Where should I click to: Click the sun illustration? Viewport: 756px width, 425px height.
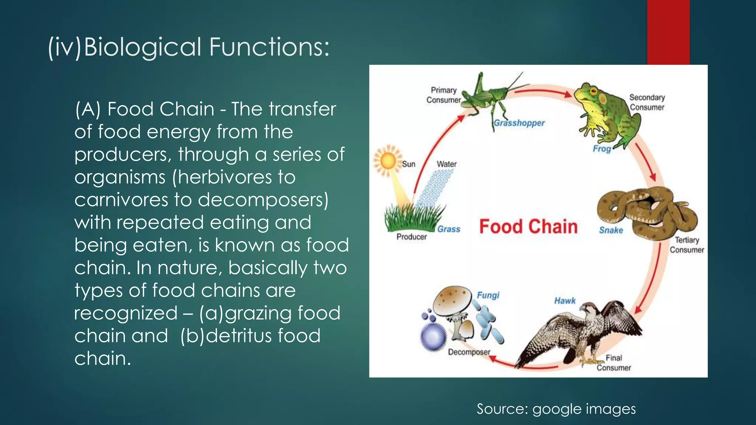[388, 161]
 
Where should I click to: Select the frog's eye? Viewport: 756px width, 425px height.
[593, 91]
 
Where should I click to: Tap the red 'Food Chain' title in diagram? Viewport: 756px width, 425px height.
[528, 227]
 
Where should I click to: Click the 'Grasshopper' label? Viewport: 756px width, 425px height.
[519, 123]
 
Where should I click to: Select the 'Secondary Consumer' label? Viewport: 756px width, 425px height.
[647, 102]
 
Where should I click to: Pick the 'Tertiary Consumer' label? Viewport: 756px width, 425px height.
[687, 245]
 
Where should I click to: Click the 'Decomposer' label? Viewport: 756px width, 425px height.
[469, 352]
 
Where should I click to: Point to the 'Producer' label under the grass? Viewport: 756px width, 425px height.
[411, 237]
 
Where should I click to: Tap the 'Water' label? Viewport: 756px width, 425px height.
[447, 164]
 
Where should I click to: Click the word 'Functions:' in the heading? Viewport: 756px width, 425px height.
[269, 47]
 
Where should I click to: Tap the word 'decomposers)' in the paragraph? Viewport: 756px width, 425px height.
[263, 200]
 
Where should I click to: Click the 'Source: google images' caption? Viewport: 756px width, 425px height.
[556, 409]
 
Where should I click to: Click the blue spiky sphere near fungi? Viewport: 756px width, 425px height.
[433, 336]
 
